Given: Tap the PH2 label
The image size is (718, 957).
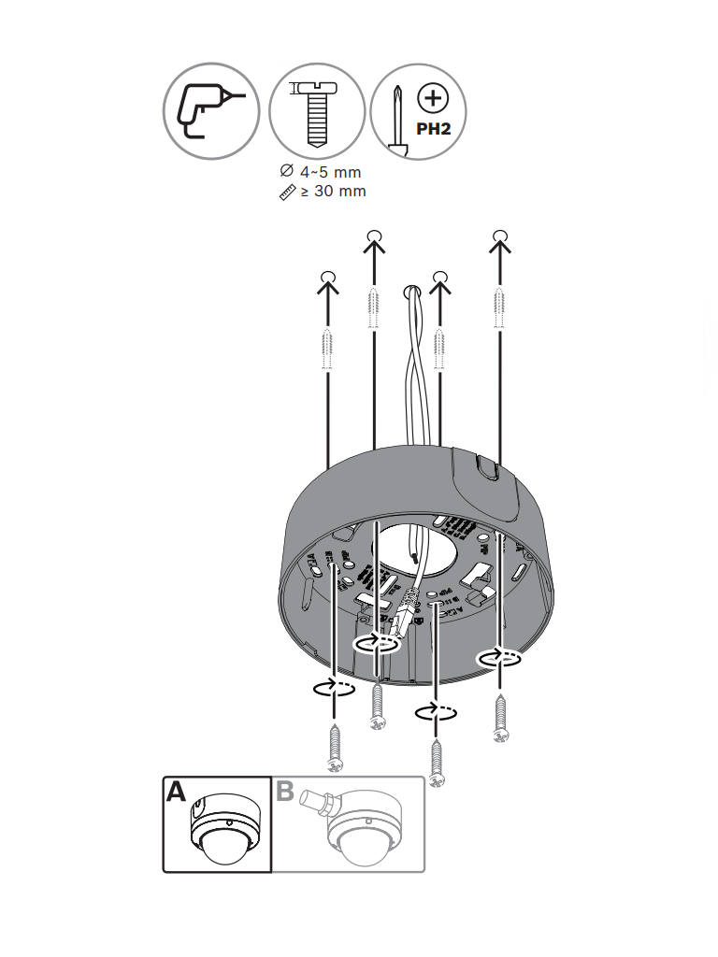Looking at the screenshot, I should click(433, 128).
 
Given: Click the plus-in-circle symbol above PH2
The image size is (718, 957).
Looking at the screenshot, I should click(432, 98).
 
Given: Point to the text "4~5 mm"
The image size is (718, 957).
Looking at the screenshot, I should click(329, 172).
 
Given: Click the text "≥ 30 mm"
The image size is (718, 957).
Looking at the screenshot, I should click(332, 192).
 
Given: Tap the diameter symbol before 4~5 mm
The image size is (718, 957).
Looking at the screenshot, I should click(286, 172).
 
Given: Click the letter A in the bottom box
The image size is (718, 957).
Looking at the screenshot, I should click(176, 793).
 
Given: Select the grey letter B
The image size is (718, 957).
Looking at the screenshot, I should click(285, 793).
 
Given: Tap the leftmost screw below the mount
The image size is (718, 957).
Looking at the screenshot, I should click(334, 747).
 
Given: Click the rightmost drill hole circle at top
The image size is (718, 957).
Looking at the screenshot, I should click(500, 235).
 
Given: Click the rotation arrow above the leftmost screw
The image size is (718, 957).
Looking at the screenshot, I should click(334, 689).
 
